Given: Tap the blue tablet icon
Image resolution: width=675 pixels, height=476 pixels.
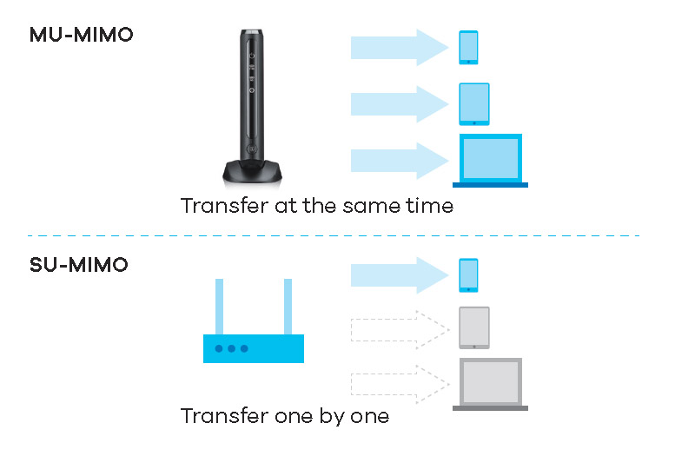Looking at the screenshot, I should coord(474,104).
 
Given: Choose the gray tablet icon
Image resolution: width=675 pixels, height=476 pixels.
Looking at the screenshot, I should coord(474,327).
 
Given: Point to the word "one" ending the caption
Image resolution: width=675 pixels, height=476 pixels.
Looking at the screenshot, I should coord(368,417).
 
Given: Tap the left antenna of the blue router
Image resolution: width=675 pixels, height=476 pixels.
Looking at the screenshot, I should coord(220,306).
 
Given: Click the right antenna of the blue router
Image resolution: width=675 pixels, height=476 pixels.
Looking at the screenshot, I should coord(288,306).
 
